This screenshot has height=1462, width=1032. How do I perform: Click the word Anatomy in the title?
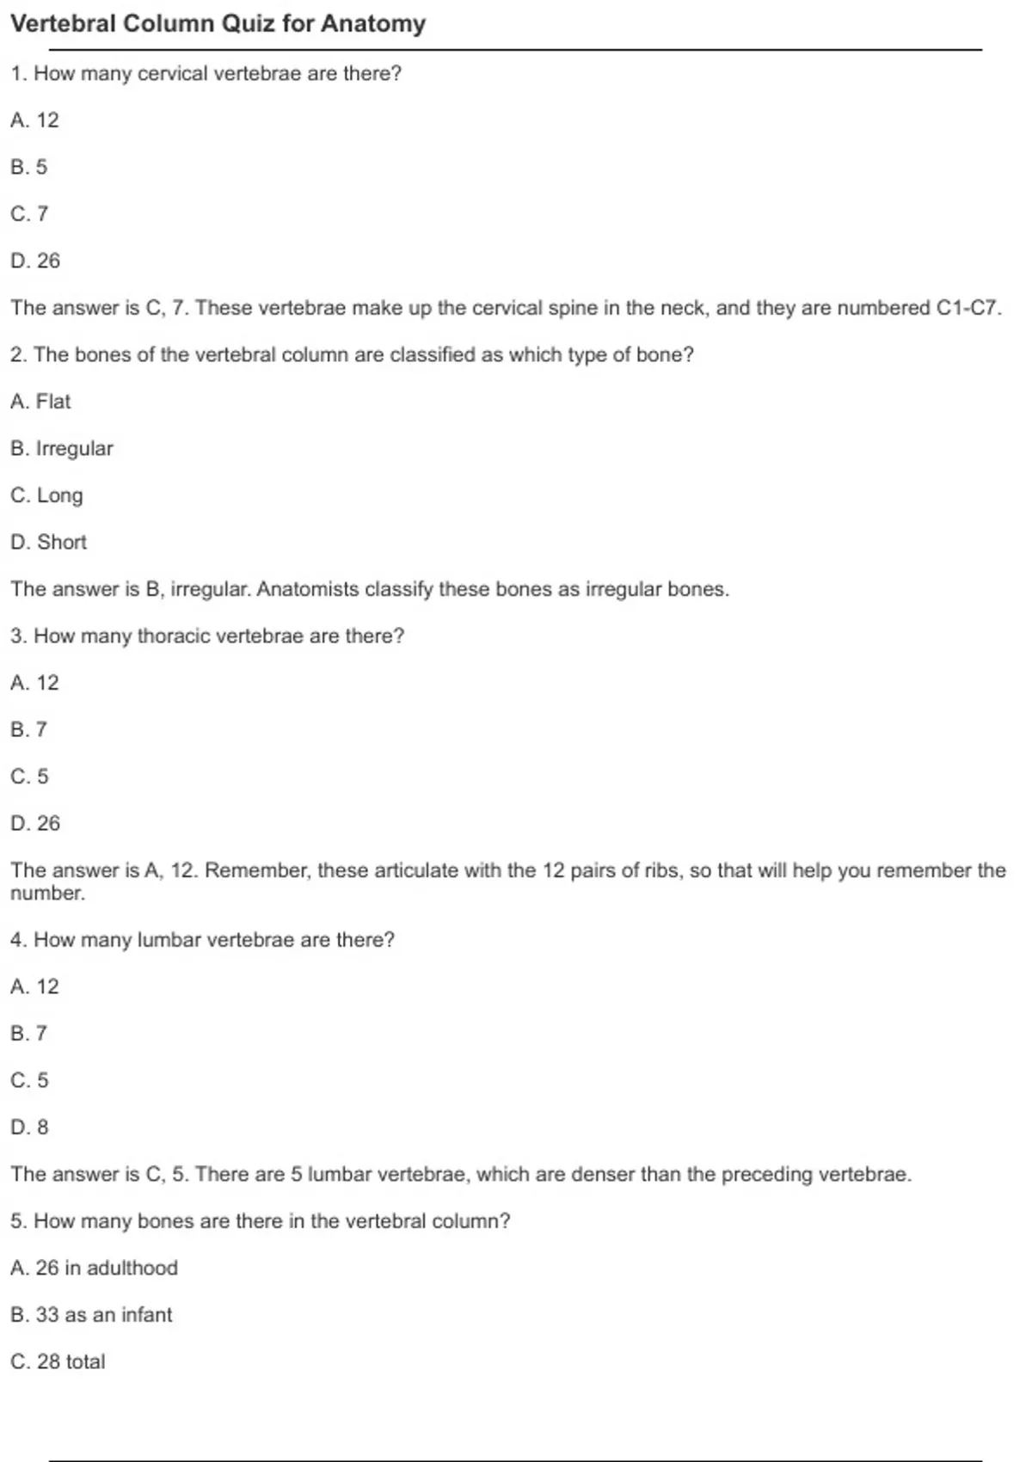(x=372, y=23)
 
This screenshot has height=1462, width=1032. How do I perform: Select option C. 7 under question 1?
(x=30, y=213)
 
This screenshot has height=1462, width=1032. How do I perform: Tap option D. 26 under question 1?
(x=35, y=261)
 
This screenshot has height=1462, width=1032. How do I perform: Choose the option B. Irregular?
(x=62, y=448)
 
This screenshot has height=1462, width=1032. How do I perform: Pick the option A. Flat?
(x=40, y=402)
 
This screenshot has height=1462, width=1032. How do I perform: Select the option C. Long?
(x=47, y=495)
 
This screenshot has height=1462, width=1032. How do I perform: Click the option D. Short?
(x=49, y=542)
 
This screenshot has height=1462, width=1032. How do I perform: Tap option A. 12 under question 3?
(x=35, y=683)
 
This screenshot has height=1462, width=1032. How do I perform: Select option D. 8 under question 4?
(x=30, y=1127)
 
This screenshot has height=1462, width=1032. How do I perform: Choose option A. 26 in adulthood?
(x=95, y=1268)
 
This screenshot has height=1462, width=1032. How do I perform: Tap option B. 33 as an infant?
(x=92, y=1314)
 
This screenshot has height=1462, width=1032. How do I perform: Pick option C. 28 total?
(x=58, y=1361)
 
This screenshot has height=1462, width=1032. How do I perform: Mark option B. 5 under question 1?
(x=29, y=167)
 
